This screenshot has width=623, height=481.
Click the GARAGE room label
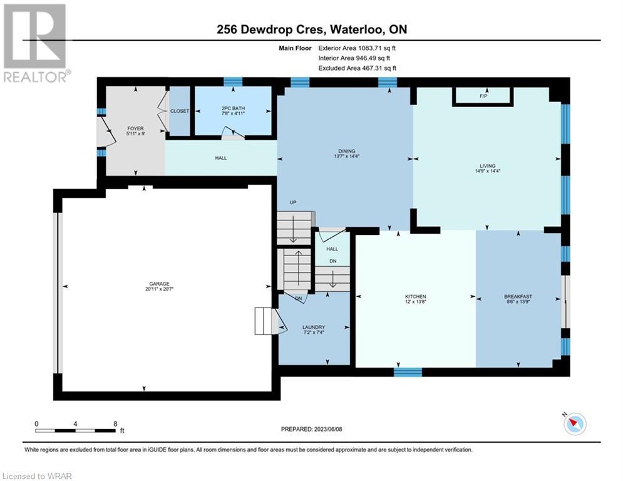[159, 284]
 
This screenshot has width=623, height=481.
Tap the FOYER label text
[135, 128]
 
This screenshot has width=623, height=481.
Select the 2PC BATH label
[233, 108]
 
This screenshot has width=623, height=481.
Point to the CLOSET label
[180, 111]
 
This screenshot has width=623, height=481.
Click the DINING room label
[347, 151]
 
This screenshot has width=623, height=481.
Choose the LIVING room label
[488, 166]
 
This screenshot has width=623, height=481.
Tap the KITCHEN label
[416, 296]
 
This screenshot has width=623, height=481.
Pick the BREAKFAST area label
[518, 296]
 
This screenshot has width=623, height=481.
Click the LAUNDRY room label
[314, 327]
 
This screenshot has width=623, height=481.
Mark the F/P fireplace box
[483, 96]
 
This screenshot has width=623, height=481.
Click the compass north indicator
[575, 423]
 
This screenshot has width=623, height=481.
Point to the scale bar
[76, 430]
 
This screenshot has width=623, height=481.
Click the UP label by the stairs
[293, 202]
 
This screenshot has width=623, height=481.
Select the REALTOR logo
[36, 43]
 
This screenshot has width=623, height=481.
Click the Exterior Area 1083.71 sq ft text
[357, 48]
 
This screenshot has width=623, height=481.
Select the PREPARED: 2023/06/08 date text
[312, 429]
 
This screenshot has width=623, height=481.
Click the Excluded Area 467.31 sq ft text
[357, 68]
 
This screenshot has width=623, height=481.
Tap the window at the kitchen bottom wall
[408, 372]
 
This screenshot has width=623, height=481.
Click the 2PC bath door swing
[234, 133]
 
